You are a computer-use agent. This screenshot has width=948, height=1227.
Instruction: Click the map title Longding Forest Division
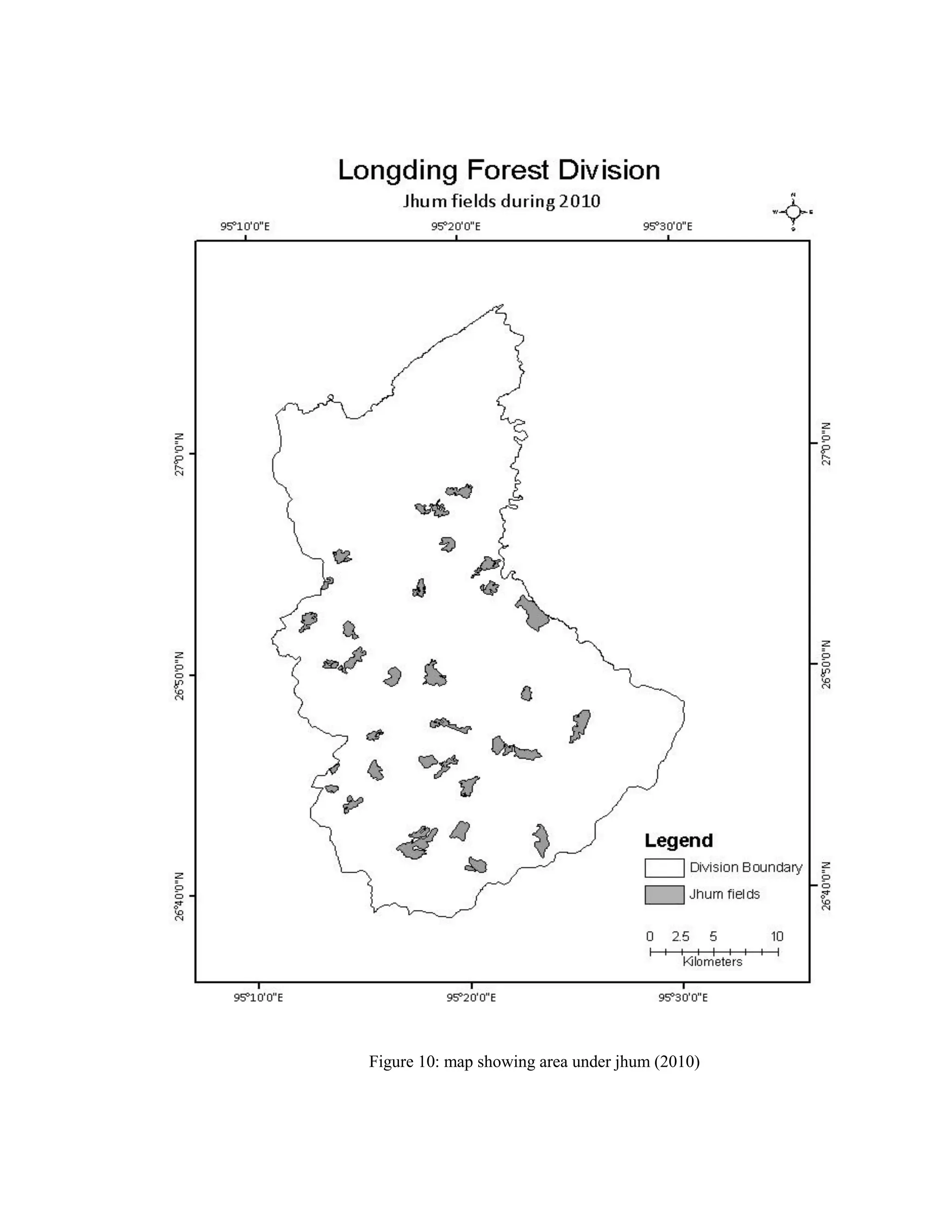click(x=499, y=171)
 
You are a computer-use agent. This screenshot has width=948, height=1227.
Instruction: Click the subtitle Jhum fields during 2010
click(x=501, y=201)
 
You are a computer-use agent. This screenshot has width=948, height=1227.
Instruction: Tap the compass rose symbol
click(x=793, y=212)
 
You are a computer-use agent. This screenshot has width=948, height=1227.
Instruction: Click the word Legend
click(x=679, y=840)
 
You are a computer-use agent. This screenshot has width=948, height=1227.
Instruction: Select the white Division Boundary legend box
click(x=664, y=868)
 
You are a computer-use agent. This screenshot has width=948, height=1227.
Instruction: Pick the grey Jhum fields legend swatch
click(x=664, y=895)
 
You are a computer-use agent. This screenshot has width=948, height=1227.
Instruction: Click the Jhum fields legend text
click(x=724, y=895)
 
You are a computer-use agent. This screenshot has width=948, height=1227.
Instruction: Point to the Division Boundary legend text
click(x=745, y=867)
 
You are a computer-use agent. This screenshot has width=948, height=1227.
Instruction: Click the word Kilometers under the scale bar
click(x=712, y=962)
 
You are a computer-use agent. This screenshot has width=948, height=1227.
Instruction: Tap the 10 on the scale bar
click(x=777, y=937)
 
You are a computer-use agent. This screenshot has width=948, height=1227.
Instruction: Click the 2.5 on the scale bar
click(x=680, y=937)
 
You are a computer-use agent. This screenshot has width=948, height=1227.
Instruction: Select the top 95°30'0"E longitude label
click(x=667, y=227)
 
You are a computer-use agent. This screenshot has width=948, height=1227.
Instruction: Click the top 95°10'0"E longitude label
click(x=245, y=227)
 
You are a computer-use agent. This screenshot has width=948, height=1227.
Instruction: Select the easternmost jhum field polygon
click(x=580, y=725)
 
